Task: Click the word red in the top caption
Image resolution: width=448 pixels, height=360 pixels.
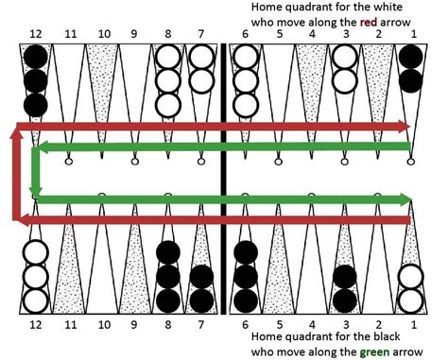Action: coord(369,22)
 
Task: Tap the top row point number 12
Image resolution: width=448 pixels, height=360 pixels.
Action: coord(35,34)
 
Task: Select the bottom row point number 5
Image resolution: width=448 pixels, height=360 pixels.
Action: coord(280,324)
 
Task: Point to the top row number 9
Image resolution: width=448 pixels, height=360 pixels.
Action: coord(134,34)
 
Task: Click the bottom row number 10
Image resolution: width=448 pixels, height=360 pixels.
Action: coord(104,324)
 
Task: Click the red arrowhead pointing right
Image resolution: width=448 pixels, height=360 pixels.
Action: coord(405,127)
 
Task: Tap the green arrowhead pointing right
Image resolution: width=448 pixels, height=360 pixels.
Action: coord(405,199)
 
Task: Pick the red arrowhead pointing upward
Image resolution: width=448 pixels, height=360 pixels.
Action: coord(16,133)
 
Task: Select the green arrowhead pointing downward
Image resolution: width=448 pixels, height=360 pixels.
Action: coord(36,191)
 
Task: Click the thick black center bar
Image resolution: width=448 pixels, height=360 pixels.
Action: coord(224,179)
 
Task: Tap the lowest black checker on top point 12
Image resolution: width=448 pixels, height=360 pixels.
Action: coord(35,105)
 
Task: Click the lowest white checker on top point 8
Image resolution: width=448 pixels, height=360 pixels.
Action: coord(168,105)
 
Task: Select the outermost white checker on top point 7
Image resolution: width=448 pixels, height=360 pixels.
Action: coord(201,81)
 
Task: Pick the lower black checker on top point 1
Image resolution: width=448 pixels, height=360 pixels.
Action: coord(411,81)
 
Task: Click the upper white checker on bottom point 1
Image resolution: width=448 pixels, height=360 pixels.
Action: coord(411,277)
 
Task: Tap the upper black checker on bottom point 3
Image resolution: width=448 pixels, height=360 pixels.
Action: coord(345,277)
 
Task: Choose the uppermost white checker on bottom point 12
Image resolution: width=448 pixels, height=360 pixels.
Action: coord(35,252)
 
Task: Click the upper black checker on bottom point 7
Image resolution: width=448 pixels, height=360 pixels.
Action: coord(201,277)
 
